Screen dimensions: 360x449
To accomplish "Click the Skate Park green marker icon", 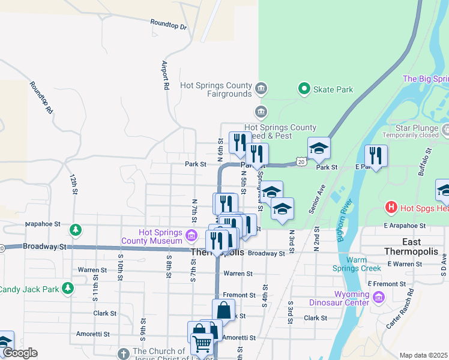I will click(x=304, y=89).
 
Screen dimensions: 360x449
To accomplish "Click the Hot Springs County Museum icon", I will click(x=191, y=235).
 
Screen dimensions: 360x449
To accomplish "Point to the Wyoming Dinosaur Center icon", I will click(x=378, y=298).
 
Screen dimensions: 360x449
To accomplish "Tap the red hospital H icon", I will click(x=391, y=208).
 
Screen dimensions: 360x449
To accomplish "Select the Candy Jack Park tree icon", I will click(x=68, y=289).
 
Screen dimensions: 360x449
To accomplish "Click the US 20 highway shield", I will click(x=300, y=162).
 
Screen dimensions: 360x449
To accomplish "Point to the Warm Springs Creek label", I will click(x=357, y=264).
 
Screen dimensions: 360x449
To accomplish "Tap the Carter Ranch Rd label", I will click(x=400, y=308).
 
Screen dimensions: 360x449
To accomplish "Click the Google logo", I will click(x=19, y=353).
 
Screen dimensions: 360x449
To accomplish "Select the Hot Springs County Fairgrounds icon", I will click(x=261, y=89).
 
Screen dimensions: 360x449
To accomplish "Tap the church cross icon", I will click(x=123, y=353).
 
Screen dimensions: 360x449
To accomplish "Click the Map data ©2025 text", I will click(x=424, y=355).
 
